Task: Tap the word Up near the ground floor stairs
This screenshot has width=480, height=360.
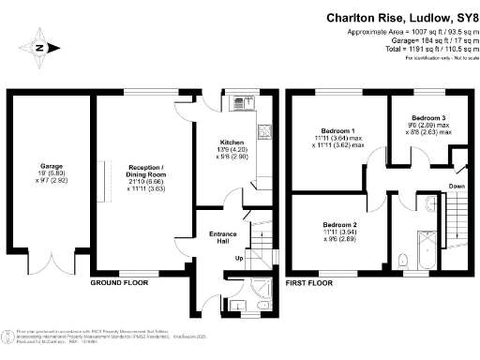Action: point(238,258)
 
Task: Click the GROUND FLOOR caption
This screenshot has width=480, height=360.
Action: point(120,282)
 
